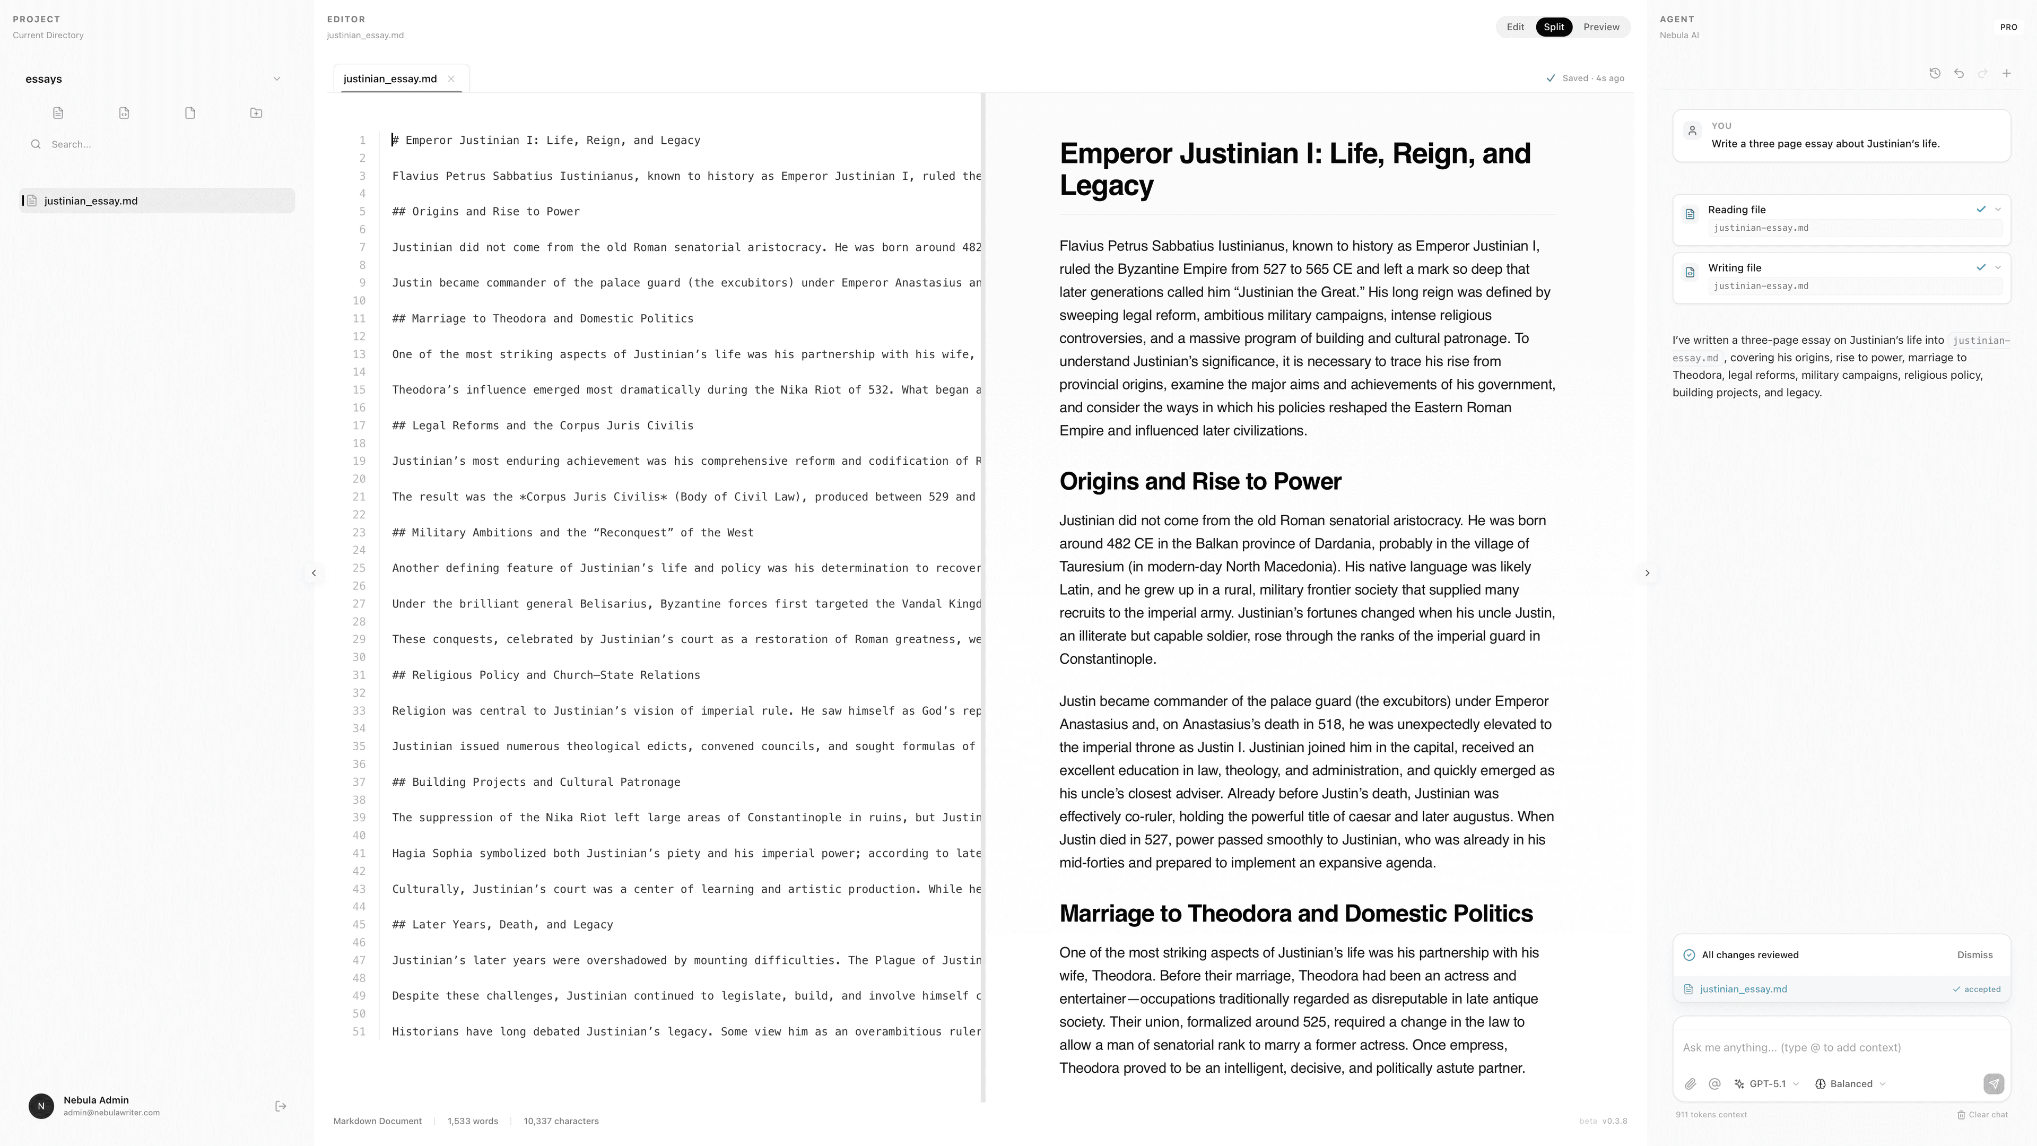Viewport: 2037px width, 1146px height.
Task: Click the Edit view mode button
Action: coord(1514,27)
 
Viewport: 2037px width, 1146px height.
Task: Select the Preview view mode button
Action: coord(1600,27)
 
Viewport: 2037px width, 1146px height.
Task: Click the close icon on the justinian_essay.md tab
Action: coord(451,79)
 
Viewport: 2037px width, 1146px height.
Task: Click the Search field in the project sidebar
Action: coord(158,144)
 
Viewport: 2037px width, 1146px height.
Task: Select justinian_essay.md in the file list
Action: coord(91,201)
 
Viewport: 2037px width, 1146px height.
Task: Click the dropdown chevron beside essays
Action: coord(276,79)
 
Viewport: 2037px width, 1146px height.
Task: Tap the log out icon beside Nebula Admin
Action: coord(281,1106)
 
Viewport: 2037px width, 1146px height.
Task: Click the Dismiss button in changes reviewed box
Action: coord(1974,954)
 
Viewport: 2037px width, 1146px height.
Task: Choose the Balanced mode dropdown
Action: coord(1850,1083)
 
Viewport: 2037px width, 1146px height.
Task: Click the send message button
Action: coord(1993,1083)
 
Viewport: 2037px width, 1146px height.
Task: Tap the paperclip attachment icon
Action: coord(1690,1083)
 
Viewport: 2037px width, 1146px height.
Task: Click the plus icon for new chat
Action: coord(2006,74)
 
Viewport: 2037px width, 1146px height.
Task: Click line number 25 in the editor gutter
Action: coord(359,568)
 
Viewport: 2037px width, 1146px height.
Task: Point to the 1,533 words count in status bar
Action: coord(472,1121)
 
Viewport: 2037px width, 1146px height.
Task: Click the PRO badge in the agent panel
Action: coord(2008,27)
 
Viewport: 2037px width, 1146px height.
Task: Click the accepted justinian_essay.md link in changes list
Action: coord(1743,988)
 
